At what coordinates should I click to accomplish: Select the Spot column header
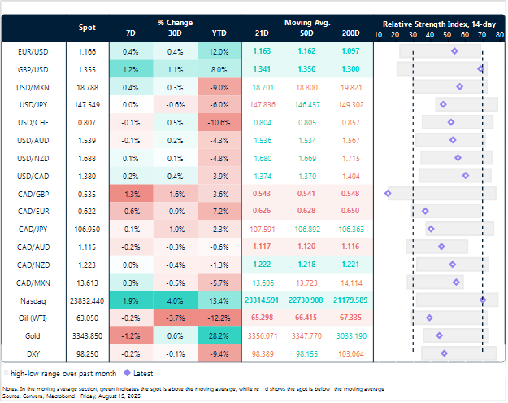pos(87,28)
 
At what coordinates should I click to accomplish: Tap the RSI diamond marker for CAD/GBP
pos(388,193)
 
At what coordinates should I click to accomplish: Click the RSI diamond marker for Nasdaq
pos(483,300)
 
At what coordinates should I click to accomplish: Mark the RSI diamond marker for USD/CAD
pos(466,175)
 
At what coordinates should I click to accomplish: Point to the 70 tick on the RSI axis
pos(484,34)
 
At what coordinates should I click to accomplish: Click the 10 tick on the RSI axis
pos(378,34)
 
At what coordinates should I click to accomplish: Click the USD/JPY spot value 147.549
pos(87,104)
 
